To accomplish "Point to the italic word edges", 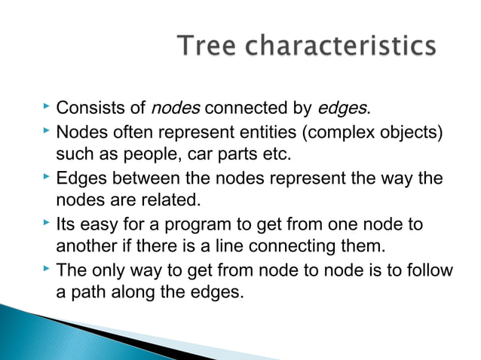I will (x=343, y=112).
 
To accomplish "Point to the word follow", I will (x=431, y=270).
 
